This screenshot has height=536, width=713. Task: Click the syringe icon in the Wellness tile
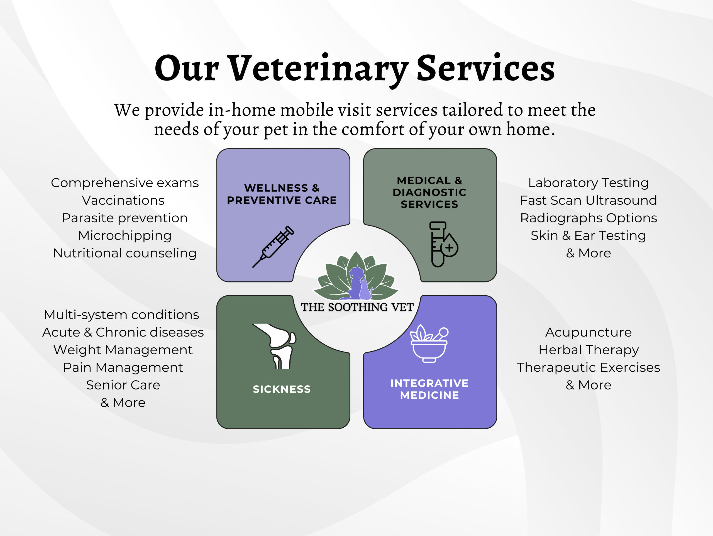pos(273,247)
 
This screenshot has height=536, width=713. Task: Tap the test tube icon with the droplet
pos(443,244)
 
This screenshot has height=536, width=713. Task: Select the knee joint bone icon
pos(275,346)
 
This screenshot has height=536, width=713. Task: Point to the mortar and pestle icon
pos(429,343)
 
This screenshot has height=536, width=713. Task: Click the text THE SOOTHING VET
pos(357,307)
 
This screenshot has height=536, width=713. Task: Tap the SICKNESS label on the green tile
pos(282,389)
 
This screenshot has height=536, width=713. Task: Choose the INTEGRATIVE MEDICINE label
pos(429,389)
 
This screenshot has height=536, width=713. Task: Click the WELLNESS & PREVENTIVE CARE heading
pos(282,194)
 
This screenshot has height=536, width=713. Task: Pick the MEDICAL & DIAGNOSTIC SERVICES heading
pos(429,192)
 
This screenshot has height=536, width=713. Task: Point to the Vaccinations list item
pos(123,200)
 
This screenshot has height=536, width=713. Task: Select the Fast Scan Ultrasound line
pos(588,200)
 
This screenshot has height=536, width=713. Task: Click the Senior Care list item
pos(123,385)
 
